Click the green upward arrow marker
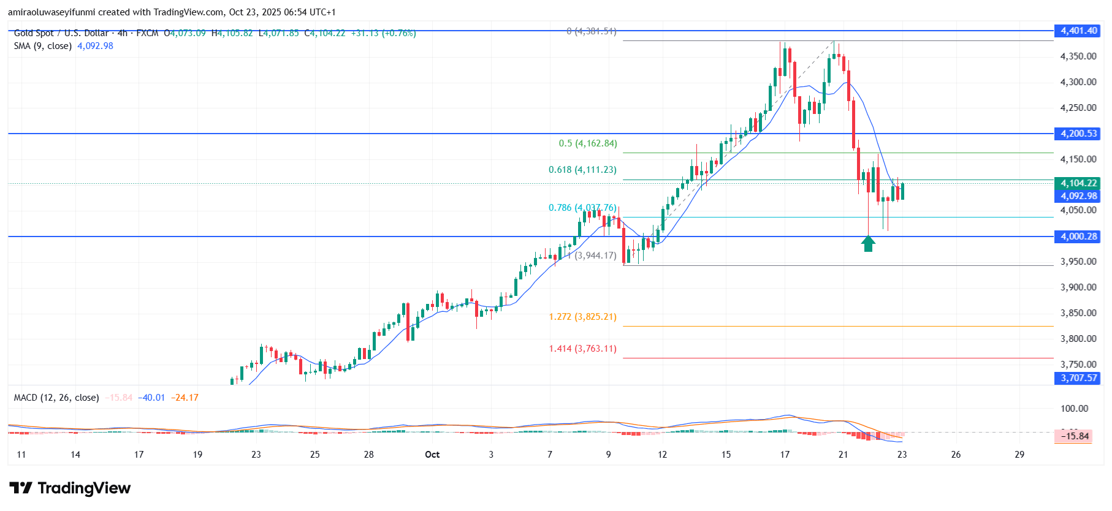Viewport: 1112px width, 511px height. [x=867, y=244]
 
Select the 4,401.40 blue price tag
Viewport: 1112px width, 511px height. [x=1078, y=31]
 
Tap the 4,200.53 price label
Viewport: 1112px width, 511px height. [x=1078, y=134]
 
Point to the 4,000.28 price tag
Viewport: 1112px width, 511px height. [x=1078, y=237]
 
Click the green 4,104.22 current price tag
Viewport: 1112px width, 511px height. [x=1078, y=183]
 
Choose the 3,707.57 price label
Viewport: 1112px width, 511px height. [x=1078, y=378]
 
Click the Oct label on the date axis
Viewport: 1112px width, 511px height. [x=432, y=455]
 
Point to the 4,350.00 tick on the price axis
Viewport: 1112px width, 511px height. [x=1078, y=56]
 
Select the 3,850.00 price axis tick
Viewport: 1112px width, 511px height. [x=1078, y=313]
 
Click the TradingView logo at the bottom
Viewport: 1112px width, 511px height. [x=70, y=488]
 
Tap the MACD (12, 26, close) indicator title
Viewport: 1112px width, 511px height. [x=56, y=398]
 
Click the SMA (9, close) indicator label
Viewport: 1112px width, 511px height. [x=43, y=46]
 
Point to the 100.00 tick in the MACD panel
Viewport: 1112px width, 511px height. [x=1075, y=409]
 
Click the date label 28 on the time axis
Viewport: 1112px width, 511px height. [x=368, y=455]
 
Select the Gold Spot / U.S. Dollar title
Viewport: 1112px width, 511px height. [x=61, y=33]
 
